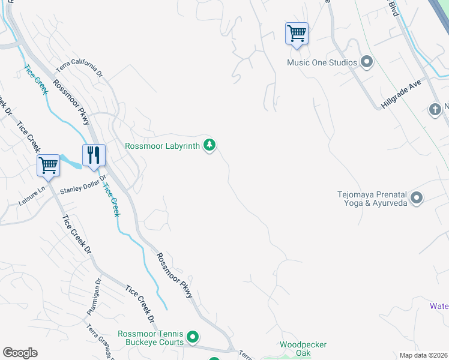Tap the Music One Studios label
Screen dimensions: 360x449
[322, 62]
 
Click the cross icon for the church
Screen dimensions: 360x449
[435, 109]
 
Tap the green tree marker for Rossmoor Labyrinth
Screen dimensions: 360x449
[209, 145]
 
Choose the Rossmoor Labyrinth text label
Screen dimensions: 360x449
[162, 145]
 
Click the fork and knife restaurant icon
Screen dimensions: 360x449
[94, 155]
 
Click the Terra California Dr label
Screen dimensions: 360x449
[80, 70]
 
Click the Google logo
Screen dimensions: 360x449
[20, 353]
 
